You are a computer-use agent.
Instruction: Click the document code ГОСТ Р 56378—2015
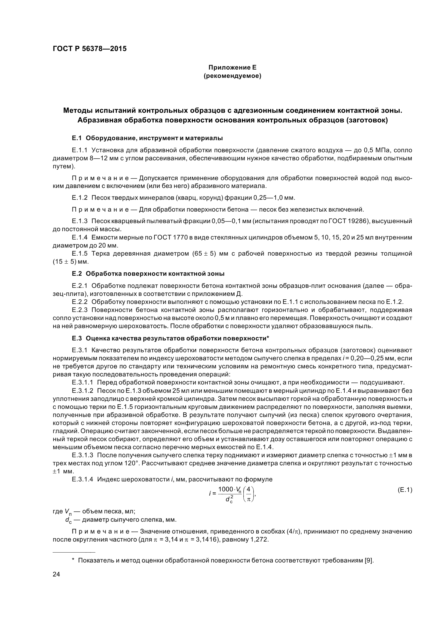[x=89, y=49]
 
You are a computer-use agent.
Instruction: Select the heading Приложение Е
[x=232, y=67]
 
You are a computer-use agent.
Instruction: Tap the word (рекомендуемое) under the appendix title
[x=232, y=76]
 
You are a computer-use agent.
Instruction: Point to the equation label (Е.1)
[x=405, y=490]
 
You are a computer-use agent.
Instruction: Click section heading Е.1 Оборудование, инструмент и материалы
[x=147, y=138]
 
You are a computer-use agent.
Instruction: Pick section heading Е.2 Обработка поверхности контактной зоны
[x=148, y=274]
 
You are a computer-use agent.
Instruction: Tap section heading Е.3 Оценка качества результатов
[x=171, y=338]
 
